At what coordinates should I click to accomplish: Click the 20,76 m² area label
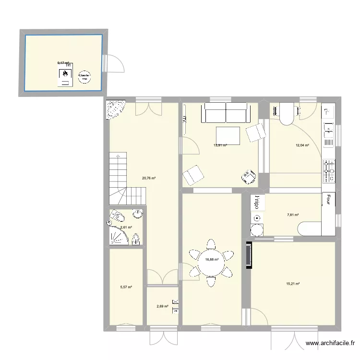tap(148, 178)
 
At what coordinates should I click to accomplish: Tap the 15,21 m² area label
tap(292, 284)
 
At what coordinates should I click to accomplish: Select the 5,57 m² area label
tap(126, 288)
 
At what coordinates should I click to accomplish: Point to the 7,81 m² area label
tap(293, 215)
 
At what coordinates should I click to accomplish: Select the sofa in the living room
tap(226, 113)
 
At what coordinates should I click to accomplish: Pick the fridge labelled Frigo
tap(256, 202)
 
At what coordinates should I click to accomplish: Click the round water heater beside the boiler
tap(84, 76)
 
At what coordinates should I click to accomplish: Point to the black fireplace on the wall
tap(248, 255)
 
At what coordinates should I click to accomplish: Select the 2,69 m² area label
tap(162, 306)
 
